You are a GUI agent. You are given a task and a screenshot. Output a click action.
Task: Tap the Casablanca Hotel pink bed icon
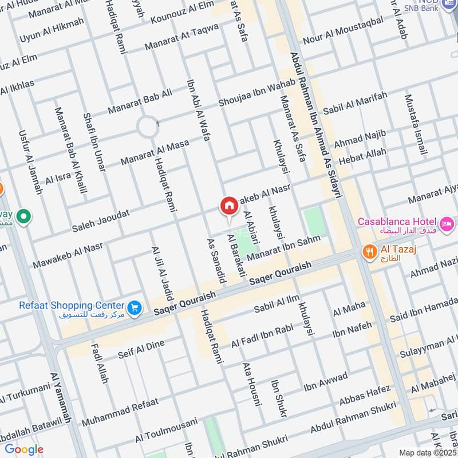point(447,222)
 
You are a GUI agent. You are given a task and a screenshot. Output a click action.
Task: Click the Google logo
point(23,449)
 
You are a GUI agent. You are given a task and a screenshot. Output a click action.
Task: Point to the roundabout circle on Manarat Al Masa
point(148,127)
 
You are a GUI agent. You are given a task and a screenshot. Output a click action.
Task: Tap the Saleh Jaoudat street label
point(101,220)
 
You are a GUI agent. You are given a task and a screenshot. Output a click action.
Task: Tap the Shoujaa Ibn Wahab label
point(256,92)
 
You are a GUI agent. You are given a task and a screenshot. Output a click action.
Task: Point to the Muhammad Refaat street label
point(120,412)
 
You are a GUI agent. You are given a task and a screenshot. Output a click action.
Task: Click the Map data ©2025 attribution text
point(427,452)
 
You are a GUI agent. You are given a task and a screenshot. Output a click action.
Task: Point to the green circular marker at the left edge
point(23,217)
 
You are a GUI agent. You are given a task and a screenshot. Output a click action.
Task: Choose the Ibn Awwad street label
point(325,383)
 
